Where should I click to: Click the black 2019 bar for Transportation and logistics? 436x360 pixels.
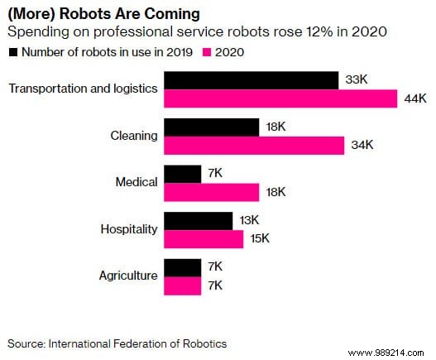click(x=252, y=80)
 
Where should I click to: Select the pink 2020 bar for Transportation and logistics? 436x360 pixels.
click(x=281, y=98)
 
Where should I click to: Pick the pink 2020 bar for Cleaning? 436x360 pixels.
click(x=255, y=146)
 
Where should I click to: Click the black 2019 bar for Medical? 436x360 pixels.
click(x=183, y=174)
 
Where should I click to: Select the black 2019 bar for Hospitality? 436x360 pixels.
click(x=199, y=221)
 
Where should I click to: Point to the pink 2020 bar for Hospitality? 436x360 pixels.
click(x=204, y=239)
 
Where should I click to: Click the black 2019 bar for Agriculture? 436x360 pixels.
click(x=183, y=268)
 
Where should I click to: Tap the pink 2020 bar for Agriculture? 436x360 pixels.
click(x=183, y=286)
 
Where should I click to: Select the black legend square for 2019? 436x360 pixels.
click(x=12, y=51)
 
